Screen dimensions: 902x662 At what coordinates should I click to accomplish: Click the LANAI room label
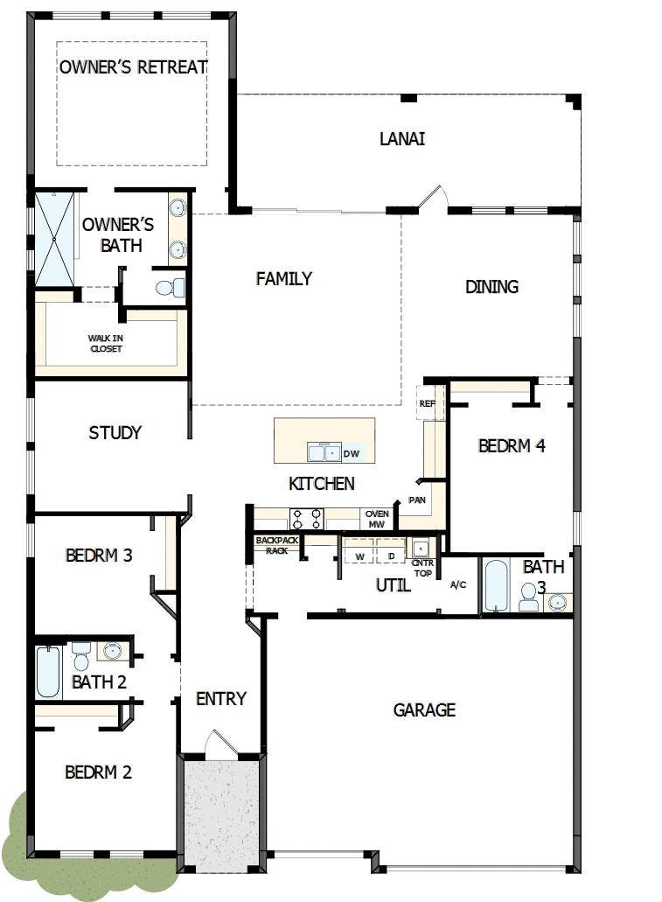[x=402, y=138]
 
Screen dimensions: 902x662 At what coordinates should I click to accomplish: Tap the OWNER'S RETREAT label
[x=133, y=67]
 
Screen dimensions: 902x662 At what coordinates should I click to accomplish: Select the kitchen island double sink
[x=324, y=452]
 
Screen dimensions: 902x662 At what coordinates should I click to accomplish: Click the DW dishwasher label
[x=352, y=453]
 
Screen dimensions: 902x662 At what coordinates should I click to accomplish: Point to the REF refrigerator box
[x=427, y=403]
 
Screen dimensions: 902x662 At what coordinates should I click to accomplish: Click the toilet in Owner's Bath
[x=168, y=286]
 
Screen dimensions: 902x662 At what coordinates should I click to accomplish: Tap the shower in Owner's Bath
[x=55, y=239]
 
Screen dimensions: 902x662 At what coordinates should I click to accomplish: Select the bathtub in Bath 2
[x=48, y=672]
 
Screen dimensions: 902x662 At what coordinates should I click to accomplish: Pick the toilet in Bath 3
[x=529, y=598]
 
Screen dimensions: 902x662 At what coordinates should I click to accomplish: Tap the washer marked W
[x=359, y=556]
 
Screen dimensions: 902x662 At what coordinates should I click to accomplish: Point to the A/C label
[x=458, y=584]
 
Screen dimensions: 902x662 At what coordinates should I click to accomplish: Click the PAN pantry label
[x=417, y=500]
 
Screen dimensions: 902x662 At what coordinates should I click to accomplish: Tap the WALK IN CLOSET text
[x=105, y=343]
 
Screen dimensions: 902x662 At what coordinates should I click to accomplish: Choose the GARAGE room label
[x=424, y=710]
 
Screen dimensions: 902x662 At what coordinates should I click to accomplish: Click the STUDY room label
[x=115, y=433]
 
